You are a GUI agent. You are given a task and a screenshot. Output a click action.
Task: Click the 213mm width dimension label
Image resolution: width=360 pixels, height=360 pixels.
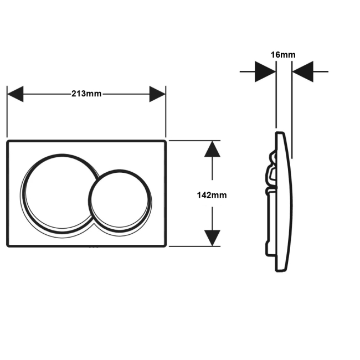tap(86, 94)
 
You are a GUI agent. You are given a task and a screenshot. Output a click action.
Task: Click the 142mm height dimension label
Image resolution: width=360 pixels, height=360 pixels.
tap(212, 195)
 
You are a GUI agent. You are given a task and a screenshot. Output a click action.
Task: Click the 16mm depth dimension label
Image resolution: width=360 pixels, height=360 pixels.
tap(283, 55)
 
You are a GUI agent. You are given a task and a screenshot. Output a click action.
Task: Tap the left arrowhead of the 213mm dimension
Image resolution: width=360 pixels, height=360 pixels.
tap(16, 94)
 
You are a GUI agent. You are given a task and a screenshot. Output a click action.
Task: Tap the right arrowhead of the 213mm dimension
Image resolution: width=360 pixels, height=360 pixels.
tap(157, 94)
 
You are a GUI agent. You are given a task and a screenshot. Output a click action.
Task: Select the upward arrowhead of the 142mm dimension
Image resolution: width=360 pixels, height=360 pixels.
tap(212, 149)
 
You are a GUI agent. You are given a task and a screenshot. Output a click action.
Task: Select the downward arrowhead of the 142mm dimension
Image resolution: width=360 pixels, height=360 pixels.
tap(212, 238)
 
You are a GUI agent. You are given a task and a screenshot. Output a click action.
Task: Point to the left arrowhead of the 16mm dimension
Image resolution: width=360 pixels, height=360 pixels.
tap(265, 71)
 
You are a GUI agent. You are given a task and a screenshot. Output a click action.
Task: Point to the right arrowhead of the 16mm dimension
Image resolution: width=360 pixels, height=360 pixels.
tap(303, 71)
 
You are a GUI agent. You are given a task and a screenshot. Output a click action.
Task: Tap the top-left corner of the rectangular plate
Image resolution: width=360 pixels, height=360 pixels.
tap(8, 141)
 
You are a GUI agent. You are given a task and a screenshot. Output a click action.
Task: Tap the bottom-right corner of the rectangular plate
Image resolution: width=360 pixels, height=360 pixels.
tap(165, 246)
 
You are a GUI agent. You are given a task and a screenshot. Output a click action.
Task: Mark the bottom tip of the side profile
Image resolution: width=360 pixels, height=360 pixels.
tap(281, 271)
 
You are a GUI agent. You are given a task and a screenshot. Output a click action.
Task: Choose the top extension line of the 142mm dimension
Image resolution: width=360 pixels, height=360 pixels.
tap(194, 141)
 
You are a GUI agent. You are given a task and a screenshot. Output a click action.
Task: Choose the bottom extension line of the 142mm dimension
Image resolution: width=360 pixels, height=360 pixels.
tap(194, 246)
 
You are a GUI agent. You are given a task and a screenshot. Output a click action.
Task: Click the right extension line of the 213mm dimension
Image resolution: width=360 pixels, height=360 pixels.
tap(166, 111)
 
